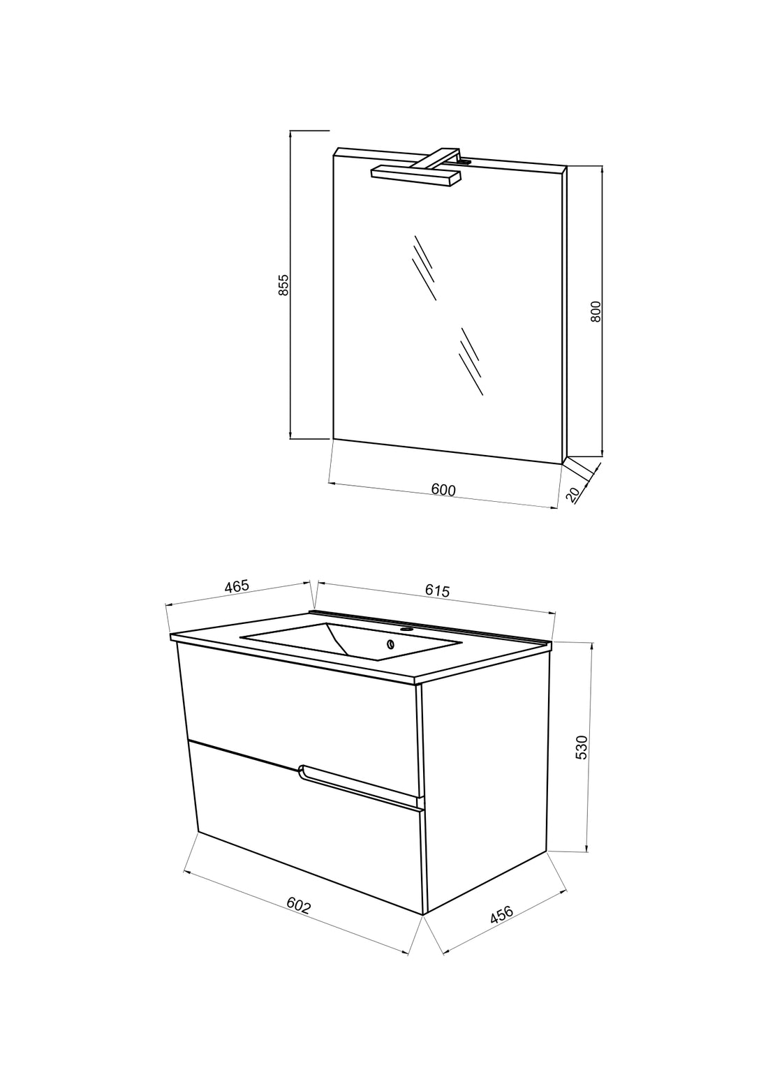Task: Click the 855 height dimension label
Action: click(284, 285)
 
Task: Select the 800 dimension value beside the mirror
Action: click(596, 311)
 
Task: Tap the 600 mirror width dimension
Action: click(443, 490)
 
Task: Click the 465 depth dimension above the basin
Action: click(237, 586)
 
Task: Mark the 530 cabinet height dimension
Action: click(582, 747)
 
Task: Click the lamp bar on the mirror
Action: click(415, 175)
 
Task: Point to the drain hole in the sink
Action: click(390, 644)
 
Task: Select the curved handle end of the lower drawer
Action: click(302, 771)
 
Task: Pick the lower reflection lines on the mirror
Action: click(471, 362)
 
